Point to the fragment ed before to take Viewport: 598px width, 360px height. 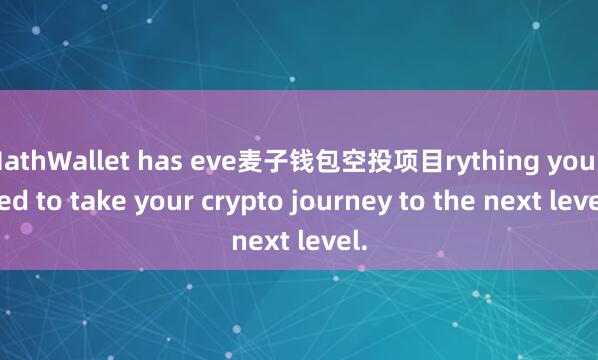click(13, 200)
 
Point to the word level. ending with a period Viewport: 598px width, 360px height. click(334, 241)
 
